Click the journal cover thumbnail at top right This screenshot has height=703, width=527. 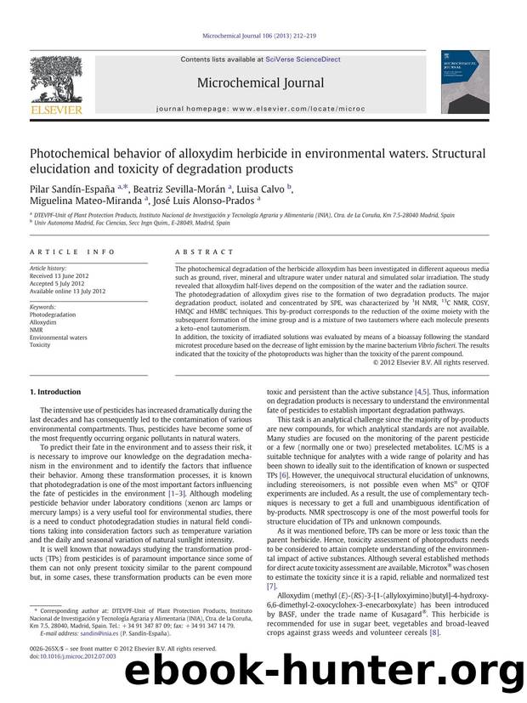pos(464,82)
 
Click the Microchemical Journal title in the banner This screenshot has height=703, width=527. pos(260,83)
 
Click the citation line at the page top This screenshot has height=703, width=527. pos(262,36)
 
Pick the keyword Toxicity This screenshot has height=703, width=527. pos(40,345)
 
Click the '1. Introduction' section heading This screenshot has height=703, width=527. pos(55,392)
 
